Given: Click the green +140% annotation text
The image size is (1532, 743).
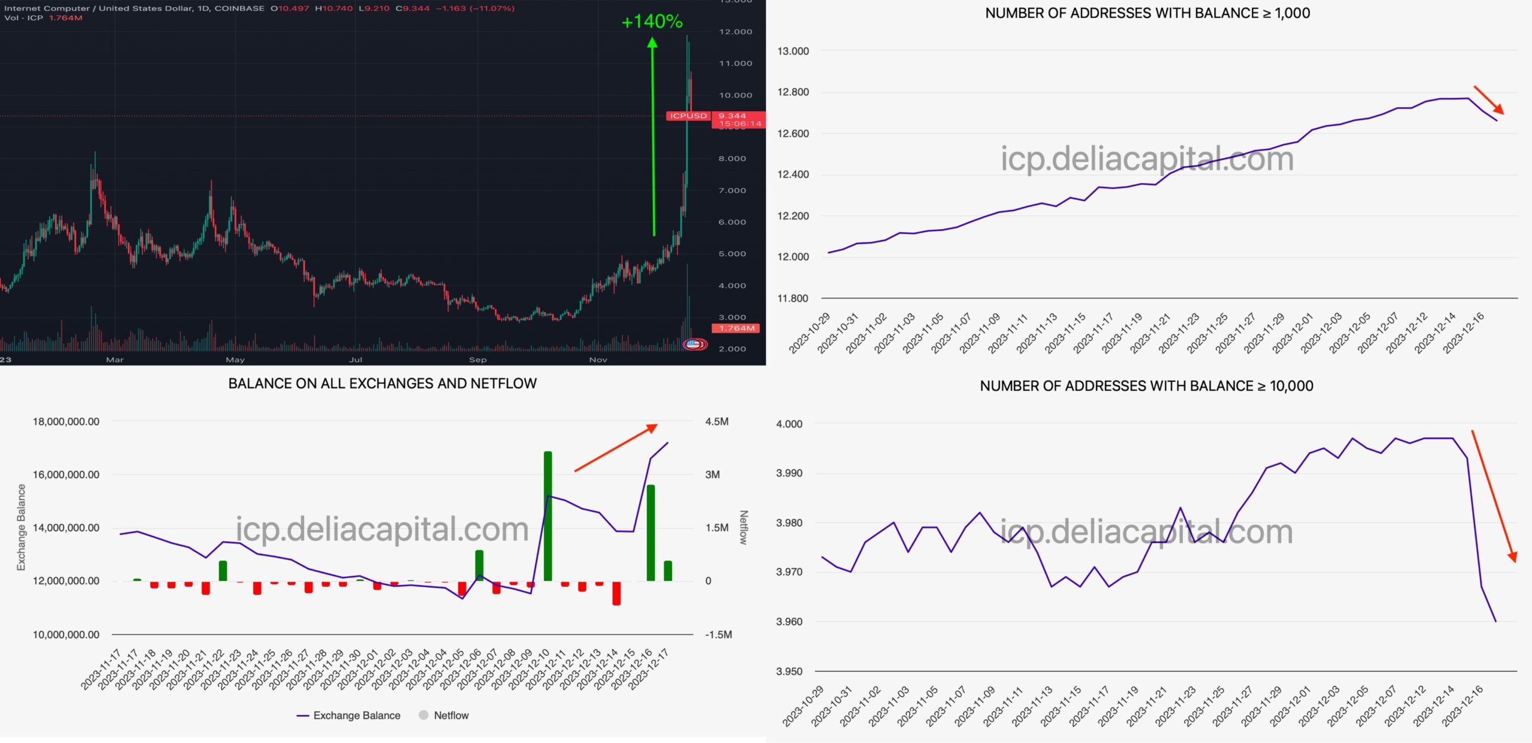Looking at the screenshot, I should tap(652, 22).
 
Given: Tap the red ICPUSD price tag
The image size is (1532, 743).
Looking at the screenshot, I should tap(688, 115).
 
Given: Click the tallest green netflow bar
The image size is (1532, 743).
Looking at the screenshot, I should tap(548, 516).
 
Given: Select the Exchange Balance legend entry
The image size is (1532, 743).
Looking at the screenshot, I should tap(349, 715).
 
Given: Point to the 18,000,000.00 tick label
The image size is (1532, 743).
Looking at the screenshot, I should tap(66, 422).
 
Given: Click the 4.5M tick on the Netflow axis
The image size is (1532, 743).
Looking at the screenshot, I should tap(716, 422).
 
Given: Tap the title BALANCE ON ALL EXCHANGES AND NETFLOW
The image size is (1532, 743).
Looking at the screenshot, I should tap(382, 383).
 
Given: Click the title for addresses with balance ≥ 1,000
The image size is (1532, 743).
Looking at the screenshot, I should tap(1147, 13).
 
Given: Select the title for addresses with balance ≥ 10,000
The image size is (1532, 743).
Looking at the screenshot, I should tap(1146, 386).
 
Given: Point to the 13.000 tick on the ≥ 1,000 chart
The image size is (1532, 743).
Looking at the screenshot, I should tap(793, 51).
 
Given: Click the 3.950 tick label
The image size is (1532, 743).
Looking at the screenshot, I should tap(789, 671).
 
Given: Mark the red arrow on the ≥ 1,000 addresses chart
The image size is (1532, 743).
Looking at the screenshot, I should tap(1488, 100).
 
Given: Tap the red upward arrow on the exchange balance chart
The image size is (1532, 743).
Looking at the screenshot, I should tap(616, 447).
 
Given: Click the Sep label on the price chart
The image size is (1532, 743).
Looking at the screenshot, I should tap(478, 360).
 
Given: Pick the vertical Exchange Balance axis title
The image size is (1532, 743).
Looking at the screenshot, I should tap(22, 527).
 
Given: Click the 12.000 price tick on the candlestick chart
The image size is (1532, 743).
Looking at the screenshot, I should tap(735, 32).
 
